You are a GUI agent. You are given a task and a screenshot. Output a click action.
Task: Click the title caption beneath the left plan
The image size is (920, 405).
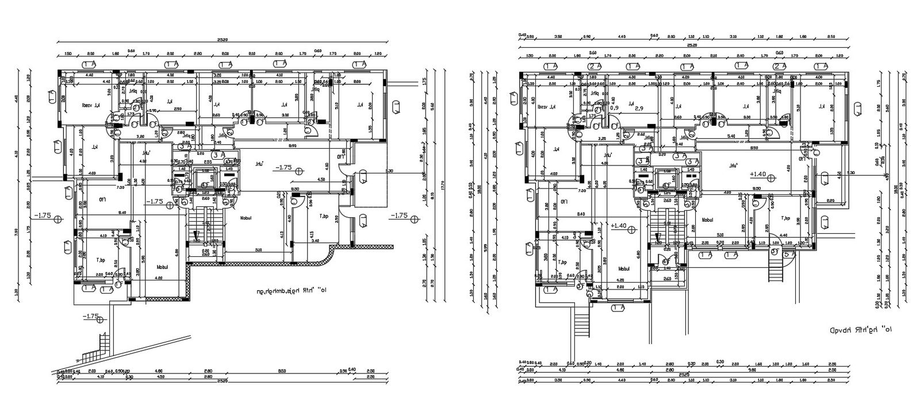coord(290,291)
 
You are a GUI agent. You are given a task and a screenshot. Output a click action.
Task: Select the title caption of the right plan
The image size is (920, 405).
coord(860,331)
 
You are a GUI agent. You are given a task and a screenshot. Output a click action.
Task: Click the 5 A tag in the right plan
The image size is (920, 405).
coord(789,253)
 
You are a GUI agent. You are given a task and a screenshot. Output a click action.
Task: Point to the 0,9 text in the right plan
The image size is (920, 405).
coord(614,107)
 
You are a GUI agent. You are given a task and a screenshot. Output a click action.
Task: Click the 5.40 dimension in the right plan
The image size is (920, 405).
coord(731,136)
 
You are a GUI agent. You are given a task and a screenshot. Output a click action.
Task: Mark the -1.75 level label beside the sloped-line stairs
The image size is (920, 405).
coord(91,317)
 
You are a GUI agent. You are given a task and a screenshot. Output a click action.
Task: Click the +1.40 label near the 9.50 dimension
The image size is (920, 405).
coord(757,173)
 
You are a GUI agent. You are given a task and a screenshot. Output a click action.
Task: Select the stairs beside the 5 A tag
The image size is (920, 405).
coord(776,269)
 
